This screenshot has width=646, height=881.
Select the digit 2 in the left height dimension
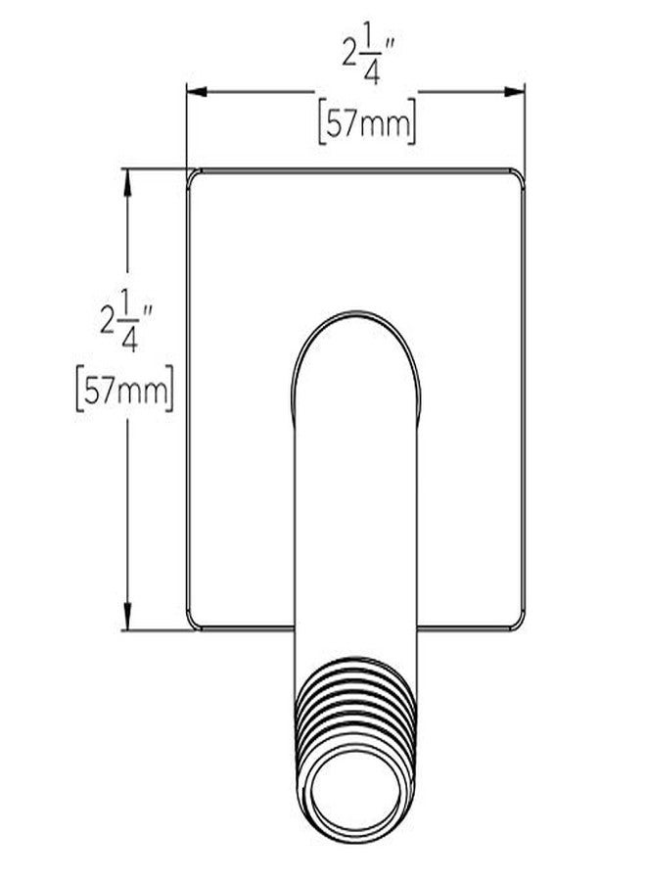[108, 322]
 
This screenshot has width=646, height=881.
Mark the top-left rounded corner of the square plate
[195, 176]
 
